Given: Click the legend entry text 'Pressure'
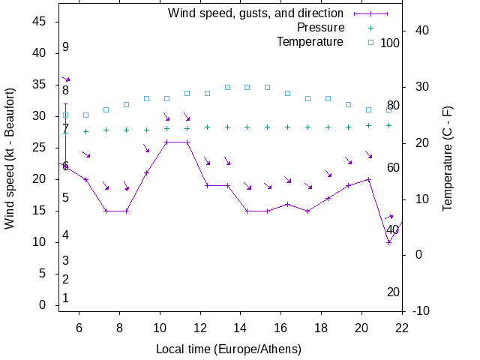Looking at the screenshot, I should coord(320,28).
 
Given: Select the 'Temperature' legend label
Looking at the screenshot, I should coord(310,41).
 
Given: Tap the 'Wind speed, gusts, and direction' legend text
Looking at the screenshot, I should coord(255,13).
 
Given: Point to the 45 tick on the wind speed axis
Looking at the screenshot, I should coord(40,22).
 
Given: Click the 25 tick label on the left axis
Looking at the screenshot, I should coord(40,148).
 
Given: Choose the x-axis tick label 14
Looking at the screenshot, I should coord(241,328).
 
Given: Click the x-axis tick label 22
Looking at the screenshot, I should coord(402,328).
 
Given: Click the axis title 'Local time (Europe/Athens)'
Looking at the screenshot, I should coord(229,349).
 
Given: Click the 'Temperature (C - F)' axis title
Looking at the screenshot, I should coord(448,157).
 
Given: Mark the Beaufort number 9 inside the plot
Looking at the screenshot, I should coord(66,47).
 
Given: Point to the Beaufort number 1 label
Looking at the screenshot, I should coord(66,298).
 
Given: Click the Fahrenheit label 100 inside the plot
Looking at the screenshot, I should coord(390,43).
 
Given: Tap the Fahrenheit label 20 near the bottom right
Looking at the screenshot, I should coord(393,292).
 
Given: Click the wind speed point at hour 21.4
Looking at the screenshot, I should coord(388,242).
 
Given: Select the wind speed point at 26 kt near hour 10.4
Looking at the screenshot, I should coord(166,142).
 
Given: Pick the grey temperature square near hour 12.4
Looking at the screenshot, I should coord(207,94).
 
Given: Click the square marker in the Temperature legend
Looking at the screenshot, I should coord(370,42).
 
